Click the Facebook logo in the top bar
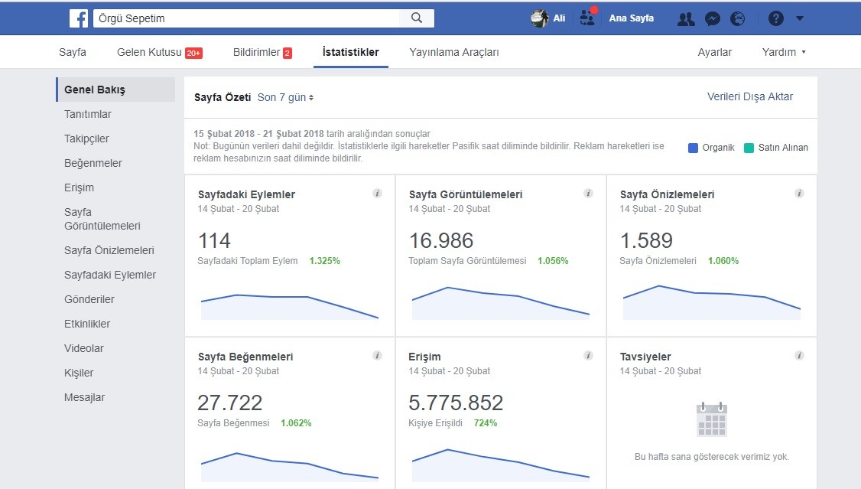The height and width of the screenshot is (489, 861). pyautogui.click(x=79, y=18)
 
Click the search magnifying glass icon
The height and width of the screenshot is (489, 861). pyautogui.click(x=417, y=18)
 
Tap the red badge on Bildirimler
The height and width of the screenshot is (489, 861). pyautogui.click(x=288, y=53)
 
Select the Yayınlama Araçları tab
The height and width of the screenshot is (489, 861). pyautogui.click(x=454, y=52)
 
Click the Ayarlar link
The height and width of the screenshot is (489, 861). pyautogui.click(x=714, y=52)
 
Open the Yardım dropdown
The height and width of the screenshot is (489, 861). pyautogui.click(x=784, y=52)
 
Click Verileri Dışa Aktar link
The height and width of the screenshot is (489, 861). pyautogui.click(x=750, y=96)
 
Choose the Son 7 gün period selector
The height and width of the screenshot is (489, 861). pyautogui.click(x=285, y=97)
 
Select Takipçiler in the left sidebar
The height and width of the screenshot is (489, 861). pyautogui.click(x=86, y=139)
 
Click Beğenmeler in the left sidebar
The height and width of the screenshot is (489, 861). pyautogui.click(x=93, y=163)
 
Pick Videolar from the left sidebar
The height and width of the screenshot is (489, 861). pyautogui.click(x=83, y=348)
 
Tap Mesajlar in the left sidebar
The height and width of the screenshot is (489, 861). pyautogui.click(x=84, y=397)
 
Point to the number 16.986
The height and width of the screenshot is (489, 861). pyautogui.click(x=441, y=240)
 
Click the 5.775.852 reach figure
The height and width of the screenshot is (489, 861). pyautogui.click(x=456, y=403)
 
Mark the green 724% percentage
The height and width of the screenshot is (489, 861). pyautogui.click(x=486, y=423)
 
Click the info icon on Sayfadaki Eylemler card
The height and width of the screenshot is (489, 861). pyautogui.click(x=377, y=194)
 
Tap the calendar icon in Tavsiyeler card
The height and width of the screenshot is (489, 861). pyautogui.click(x=712, y=419)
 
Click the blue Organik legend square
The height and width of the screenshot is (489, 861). pyautogui.click(x=693, y=148)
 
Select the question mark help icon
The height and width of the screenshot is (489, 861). pyautogui.click(x=776, y=18)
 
